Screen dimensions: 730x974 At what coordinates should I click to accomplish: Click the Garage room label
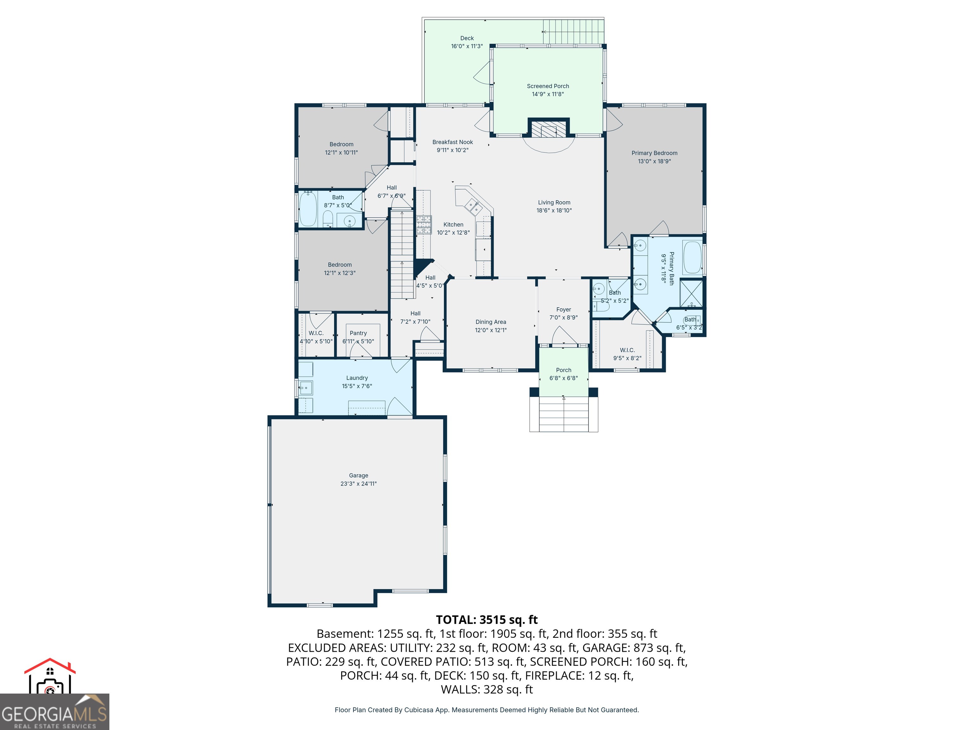coord(358,475)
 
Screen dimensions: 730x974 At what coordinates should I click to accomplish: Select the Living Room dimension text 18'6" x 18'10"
coord(554,211)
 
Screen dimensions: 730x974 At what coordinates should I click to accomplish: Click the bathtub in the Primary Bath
coord(692,257)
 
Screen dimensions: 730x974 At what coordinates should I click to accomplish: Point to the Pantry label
coord(358,333)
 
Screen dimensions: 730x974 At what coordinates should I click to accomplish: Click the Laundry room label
coord(357,378)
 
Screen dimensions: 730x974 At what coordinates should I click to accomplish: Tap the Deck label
coord(467,38)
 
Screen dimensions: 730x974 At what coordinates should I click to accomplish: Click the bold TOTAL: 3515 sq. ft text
coord(487,619)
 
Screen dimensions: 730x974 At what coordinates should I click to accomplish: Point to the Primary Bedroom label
coord(654,153)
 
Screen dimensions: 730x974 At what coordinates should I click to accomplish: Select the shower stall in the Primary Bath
coord(691,293)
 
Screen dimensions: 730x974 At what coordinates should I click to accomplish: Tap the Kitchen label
coord(453,224)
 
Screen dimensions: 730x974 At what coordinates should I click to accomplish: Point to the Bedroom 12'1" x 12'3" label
coord(340,265)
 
